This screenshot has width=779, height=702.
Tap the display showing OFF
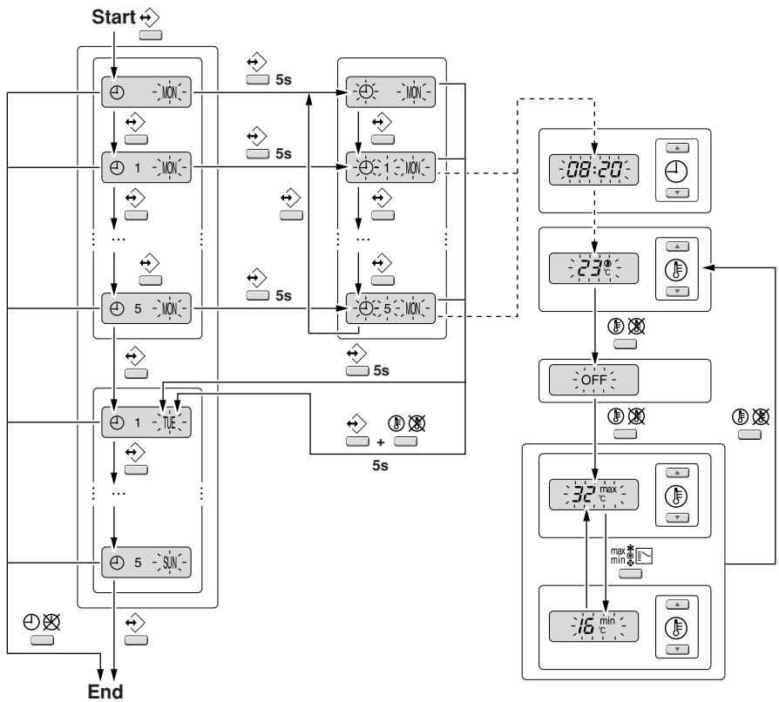tap(593, 380)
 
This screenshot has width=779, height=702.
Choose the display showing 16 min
tap(593, 626)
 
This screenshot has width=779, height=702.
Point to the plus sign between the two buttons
tap(379, 441)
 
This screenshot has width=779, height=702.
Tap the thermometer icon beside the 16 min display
tap(677, 626)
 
